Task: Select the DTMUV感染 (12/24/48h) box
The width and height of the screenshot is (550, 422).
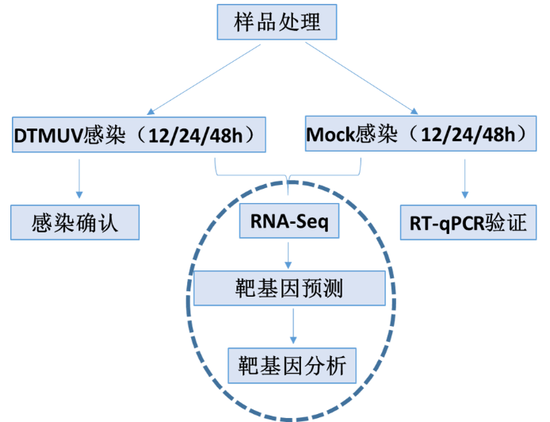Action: [x=138, y=135]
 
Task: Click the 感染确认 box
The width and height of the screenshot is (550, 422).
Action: [x=75, y=221]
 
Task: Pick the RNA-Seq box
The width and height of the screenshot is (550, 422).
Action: [x=289, y=221]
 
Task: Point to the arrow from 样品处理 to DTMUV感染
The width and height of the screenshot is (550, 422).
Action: [x=202, y=79]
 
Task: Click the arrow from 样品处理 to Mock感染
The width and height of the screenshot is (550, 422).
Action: [x=361, y=79]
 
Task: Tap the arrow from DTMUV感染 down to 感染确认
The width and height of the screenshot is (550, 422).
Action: [x=78, y=178]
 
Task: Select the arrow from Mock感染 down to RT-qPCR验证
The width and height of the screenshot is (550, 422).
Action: [x=465, y=178]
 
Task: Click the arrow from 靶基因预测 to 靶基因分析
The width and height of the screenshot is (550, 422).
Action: [x=292, y=327]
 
